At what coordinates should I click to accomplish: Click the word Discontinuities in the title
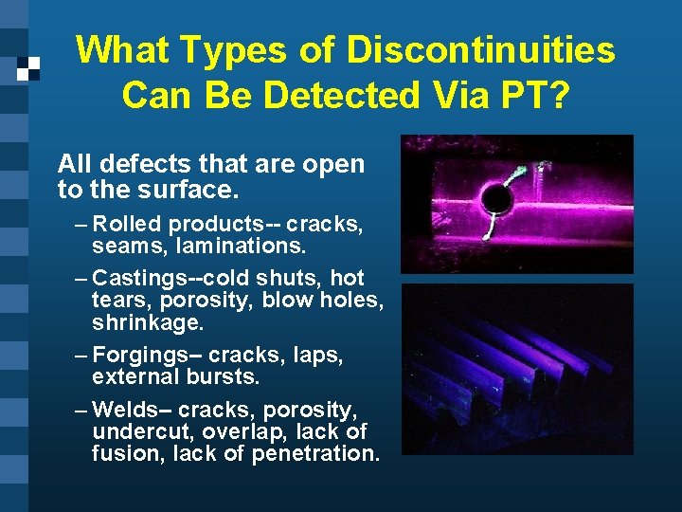tap(481, 50)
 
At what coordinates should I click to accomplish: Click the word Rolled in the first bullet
tap(129, 225)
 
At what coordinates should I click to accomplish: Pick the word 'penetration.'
tap(315, 453)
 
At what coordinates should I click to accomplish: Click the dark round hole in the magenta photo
tap(495, 197)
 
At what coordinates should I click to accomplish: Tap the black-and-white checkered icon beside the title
tap(28, 68)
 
